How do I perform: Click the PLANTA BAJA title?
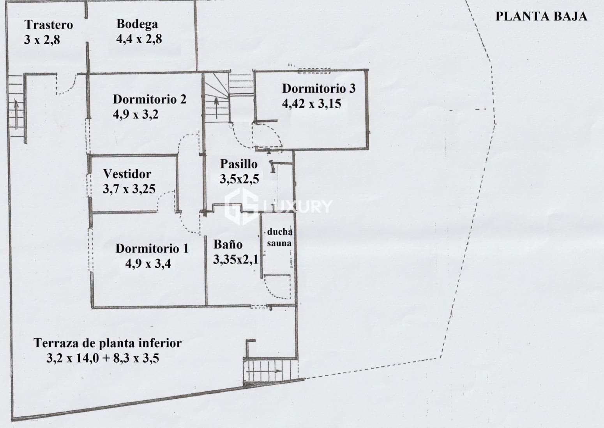point(541,16)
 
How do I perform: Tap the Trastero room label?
point(49,25)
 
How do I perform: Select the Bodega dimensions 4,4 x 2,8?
point(139,39)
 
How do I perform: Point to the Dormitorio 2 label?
point(150,99)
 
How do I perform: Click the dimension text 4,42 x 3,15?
point(311,104)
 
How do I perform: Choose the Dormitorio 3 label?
point(319,88)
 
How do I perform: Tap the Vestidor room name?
point(127,173)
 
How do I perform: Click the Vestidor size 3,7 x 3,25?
point(129,189)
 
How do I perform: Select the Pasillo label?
point(238,164)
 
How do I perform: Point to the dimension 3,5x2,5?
point(239,179)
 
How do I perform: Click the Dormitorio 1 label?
point(152,248)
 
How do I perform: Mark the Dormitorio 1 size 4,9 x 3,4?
point(148,264)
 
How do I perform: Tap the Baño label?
point(228,244)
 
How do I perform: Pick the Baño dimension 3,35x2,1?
point(235,260)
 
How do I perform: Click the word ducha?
point(279,232)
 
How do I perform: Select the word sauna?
point(279,243)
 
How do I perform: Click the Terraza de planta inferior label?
point(108,343)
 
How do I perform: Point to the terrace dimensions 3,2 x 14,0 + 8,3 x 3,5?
point(102,358)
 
